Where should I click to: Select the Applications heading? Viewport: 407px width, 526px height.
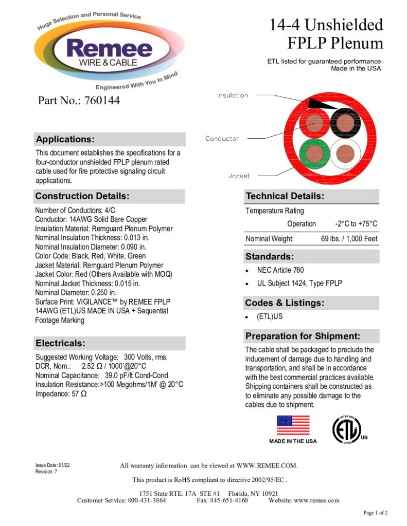[65, 139]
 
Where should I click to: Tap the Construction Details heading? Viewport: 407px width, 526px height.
[82, 196]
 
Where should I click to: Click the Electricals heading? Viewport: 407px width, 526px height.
[60, 343]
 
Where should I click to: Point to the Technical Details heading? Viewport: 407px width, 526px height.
[285, 196]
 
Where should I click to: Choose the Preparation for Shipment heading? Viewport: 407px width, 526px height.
[303, 336]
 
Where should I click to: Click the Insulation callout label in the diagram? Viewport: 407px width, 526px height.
[232, 96]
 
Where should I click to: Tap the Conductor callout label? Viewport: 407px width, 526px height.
[222, 139]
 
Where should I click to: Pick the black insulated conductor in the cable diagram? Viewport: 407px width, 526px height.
[345, 122]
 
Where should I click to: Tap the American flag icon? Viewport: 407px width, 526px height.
[293, 425]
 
